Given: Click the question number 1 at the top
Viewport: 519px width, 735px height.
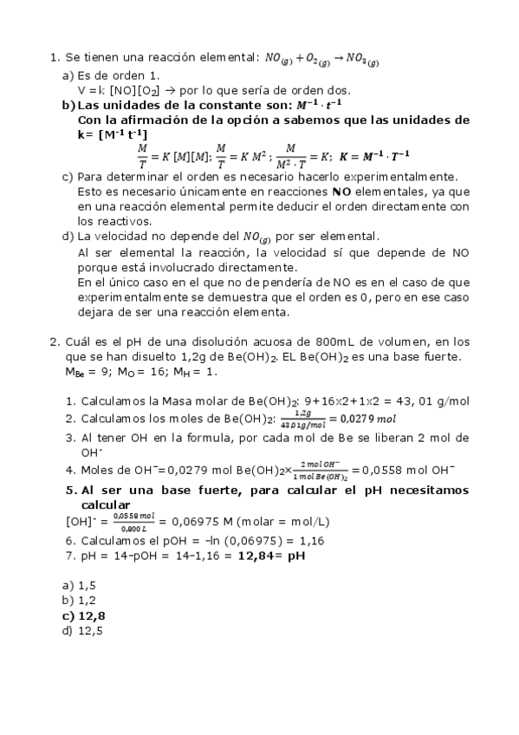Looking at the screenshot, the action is [54, 58].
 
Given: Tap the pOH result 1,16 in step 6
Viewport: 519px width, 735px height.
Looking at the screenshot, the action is [313, 540].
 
